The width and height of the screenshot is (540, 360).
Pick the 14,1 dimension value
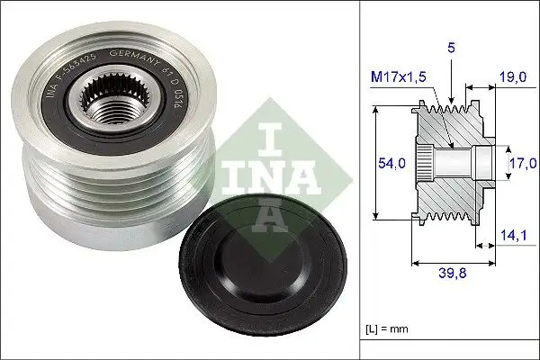coord(514,237)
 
